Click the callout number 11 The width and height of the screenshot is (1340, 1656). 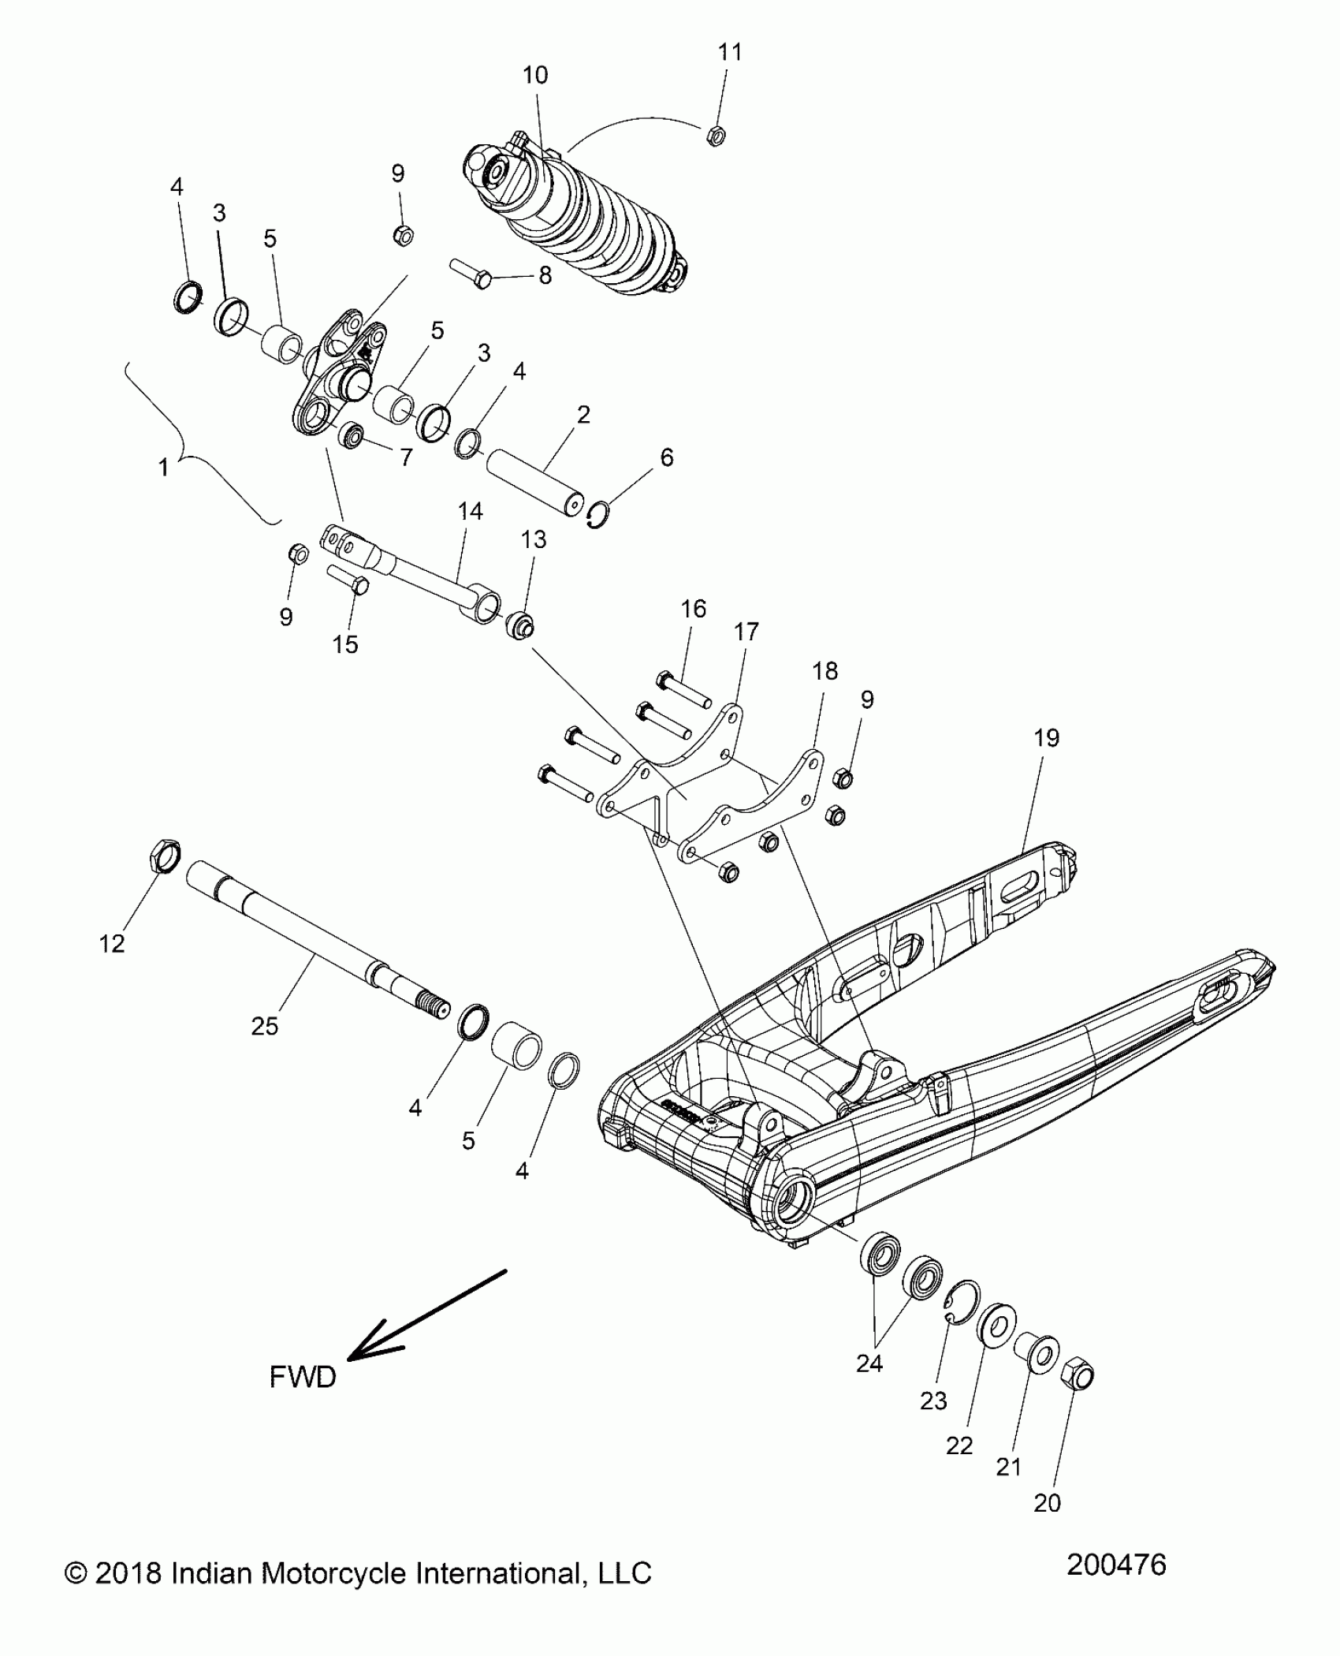(x=730, y=53)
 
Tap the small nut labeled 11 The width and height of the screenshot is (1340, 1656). (x=716, y=136)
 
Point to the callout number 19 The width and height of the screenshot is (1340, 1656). (x=1046, y=738)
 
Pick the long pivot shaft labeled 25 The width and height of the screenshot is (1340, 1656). (x=315, y=938)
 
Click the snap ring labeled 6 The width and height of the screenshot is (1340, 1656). (x=599, y=515)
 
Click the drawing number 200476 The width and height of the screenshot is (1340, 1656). (x=1116, y=1565)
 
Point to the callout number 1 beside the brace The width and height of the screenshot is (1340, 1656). (x=163, y=468)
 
